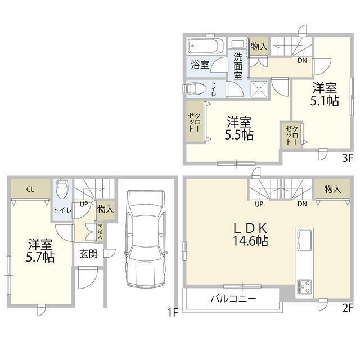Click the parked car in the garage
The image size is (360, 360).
coord(145,238)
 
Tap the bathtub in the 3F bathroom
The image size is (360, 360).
coord(205,46)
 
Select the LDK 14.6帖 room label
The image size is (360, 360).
coord(250,235)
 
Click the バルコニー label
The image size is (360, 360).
coord(233,299)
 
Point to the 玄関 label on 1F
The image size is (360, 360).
coord(89,254)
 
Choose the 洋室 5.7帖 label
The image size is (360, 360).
coord(40,250)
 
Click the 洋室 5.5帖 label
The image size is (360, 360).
coord(239,128)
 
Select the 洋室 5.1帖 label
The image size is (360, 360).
coord(325,94)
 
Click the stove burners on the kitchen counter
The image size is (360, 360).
coord(304,287)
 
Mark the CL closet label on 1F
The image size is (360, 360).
coord(30,190)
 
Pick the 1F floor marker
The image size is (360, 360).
coord(173,313)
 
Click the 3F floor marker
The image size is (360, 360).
coord(348,158)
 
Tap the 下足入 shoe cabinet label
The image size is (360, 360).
coord(100,231)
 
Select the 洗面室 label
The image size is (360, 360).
coord(238,66)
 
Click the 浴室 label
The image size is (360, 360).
coord(200,65)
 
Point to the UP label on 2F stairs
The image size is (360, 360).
coord(259,204)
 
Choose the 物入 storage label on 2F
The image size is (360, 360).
coord(332,189)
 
